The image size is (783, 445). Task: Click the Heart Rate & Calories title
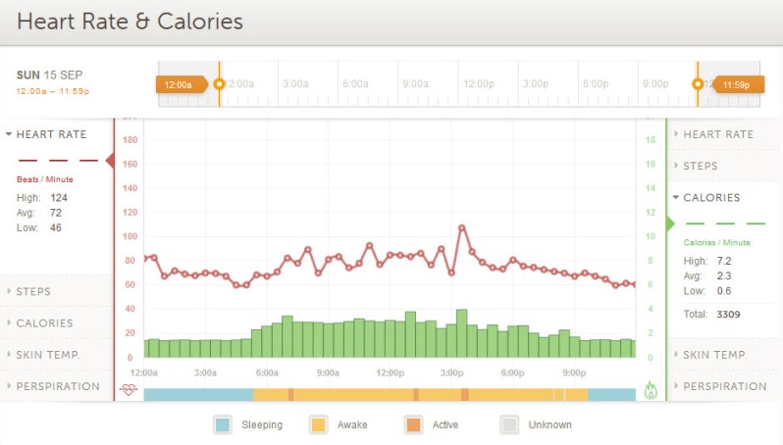coord(130,21)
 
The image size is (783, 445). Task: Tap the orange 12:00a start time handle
coord(180,84)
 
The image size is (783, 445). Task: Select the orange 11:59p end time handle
coord(736,84)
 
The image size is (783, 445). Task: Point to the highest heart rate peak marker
coord(461,227)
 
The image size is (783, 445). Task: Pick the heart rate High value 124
coord(59,197)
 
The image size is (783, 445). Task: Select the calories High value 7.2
coord(725,261)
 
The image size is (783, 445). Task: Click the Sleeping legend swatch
coord(223,424)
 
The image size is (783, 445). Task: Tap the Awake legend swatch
coord(318,424)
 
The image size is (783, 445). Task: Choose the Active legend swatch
coord(413,424)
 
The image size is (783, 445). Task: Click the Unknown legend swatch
coord(509,424)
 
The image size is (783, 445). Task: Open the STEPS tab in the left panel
coord(34,291)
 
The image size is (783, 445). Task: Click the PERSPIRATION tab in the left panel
coord(58,386)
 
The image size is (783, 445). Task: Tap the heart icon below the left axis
coord(129,390)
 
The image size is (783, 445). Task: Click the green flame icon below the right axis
coord(651,390)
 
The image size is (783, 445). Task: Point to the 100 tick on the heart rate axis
coord(130,236)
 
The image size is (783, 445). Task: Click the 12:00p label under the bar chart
coord(390,372)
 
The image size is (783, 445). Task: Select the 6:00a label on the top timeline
coord(354,84)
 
